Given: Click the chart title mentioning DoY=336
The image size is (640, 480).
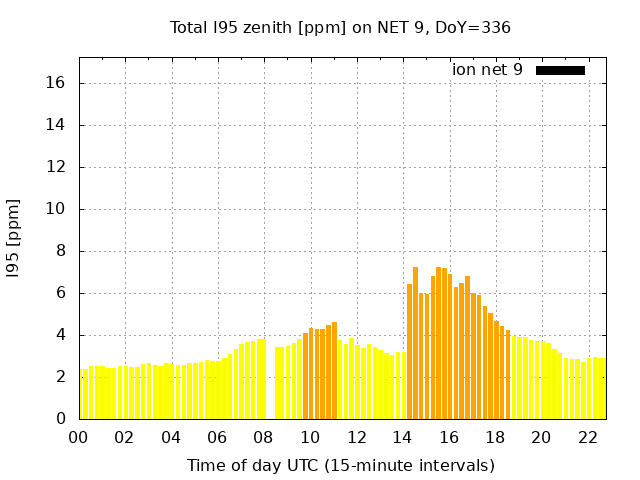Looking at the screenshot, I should click(x=340, y=27).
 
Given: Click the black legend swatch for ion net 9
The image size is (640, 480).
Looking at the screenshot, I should click(x=560, y=70).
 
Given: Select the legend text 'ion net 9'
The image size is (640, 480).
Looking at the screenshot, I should click(x=487, y=70).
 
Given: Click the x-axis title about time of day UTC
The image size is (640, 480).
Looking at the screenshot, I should click(x=340, y=465).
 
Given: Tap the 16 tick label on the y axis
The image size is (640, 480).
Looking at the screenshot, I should click(x=56, y=83).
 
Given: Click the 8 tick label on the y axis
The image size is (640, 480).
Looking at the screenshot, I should click(x=60, y=251).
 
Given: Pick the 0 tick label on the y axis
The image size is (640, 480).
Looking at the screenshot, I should click(x=60, y=419).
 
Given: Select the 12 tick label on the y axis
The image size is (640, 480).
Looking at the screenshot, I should click(x=56, y=167).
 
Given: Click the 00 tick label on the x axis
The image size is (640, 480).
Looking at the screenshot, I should click(x=79, y=437).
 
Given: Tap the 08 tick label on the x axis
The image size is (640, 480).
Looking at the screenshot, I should click(x=264, y=437).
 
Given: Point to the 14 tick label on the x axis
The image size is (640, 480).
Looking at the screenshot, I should click(x=403, y=437).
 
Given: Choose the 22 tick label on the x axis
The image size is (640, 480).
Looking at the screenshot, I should click(x=588, y=437).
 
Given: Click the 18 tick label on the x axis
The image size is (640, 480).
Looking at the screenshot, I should click(x=495, y=437).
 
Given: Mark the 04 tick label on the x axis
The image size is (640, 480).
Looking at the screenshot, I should click(x=171, y=437).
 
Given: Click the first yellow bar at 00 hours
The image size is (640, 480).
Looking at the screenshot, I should click(x=83, y=395).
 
